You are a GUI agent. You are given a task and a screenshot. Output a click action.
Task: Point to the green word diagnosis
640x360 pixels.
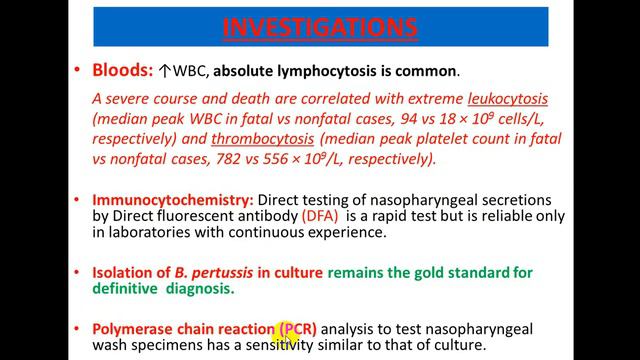199,290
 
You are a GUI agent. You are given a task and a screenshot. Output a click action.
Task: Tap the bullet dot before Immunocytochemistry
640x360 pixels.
79,200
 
